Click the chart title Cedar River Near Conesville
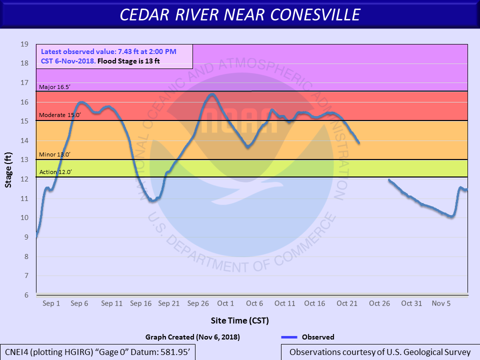pos(240,14)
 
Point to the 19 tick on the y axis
pos(24,44)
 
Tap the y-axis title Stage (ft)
pos(8,169)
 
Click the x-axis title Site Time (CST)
pos(240,320)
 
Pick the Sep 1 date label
pos(51,303)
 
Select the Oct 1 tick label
pos(225,303)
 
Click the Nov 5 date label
pos(441,303)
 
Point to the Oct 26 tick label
pos(379,303)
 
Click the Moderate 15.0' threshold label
pos(59,115)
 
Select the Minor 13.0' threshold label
pos(55,154)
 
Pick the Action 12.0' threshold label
pos(55,172)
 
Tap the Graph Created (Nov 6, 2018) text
pos(192,337)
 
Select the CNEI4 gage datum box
pos(97,352)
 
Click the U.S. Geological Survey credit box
pos(380,352)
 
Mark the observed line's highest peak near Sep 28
pos(211,94)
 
